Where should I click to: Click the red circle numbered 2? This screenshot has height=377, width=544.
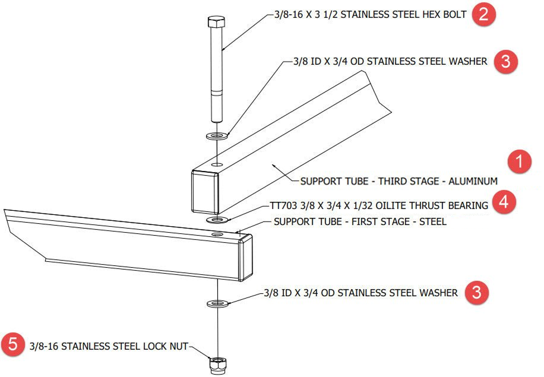[x=484, y=15]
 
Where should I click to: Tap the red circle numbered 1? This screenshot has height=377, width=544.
[x=521, y=162]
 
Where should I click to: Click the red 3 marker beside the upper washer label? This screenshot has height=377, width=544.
[x=505, y=61]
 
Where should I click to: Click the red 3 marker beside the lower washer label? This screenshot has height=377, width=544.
[x=477, y=293]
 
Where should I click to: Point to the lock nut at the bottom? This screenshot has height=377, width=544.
[x=217, y=363]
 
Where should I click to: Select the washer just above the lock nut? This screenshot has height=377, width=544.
[x=218, y=304]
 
